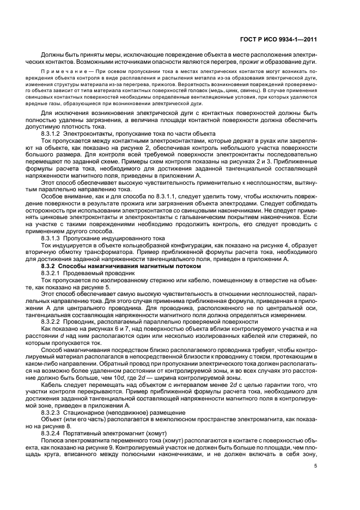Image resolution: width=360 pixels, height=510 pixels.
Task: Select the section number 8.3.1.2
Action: [52, 133]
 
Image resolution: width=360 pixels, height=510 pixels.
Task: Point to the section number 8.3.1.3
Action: [52, 239]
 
